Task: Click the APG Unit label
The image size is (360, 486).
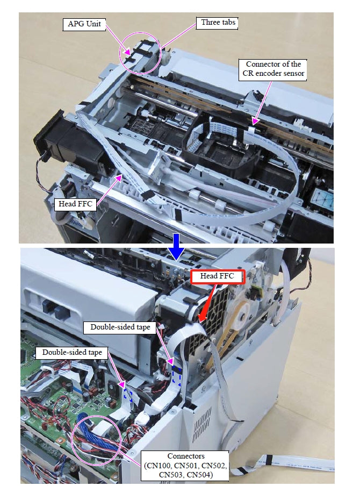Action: [x=84, y=24]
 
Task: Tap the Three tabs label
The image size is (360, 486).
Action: [x=217, y=23]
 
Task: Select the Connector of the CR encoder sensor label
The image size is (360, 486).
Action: [x=273, y=69]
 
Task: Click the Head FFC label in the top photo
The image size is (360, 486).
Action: [x=75, y=204]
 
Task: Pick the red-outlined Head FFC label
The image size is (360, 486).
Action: [x=217, y=276]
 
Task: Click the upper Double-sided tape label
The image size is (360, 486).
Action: [x=120, y=327]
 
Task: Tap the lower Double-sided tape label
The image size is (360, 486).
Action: [x=72, y=353]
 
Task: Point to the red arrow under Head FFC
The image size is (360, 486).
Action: [x=207, y=303]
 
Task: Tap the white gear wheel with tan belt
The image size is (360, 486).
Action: [x=240, y=317]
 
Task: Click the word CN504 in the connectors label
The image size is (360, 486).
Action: [x=199, y=474]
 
